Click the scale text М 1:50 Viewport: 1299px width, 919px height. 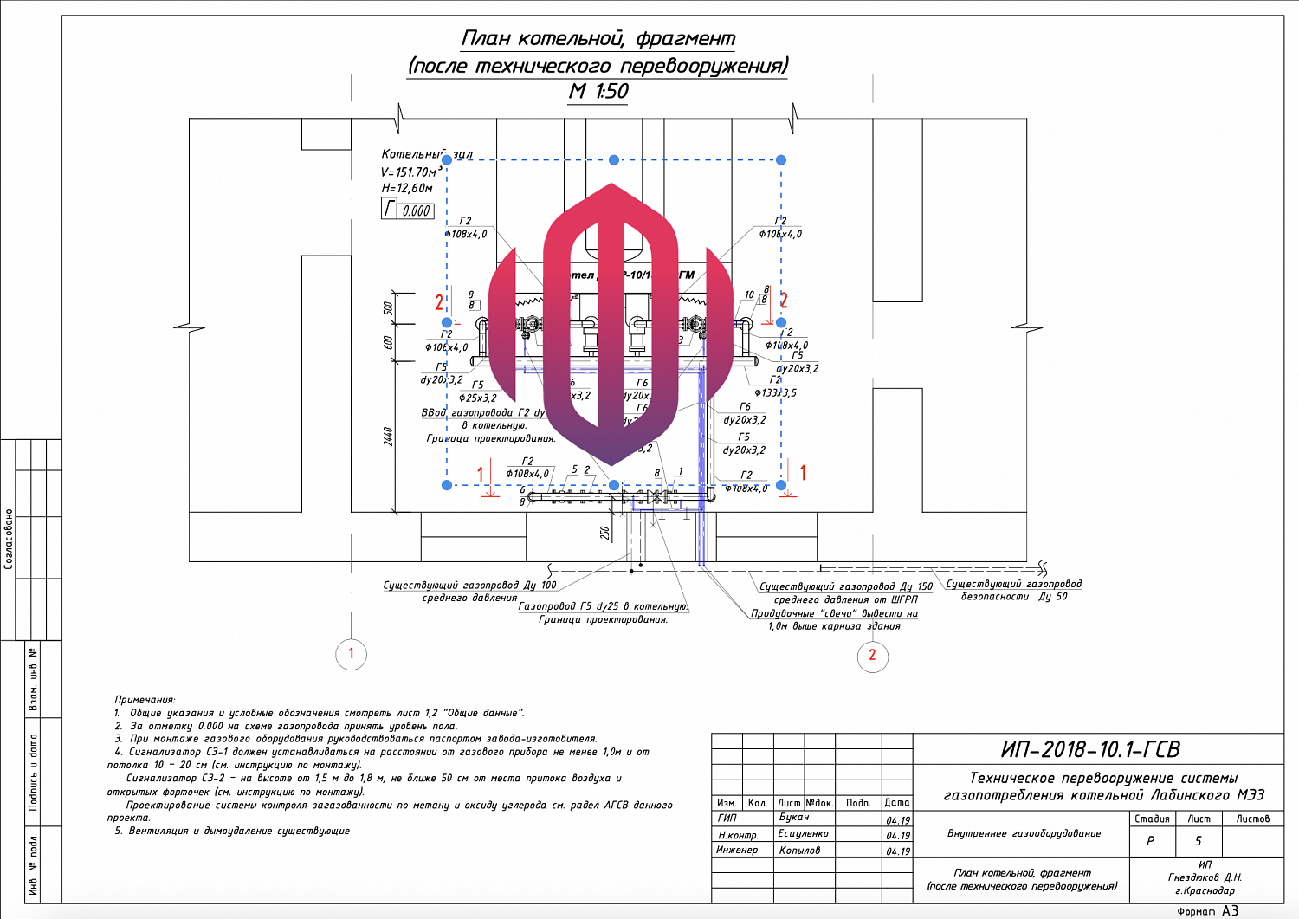(598, 91)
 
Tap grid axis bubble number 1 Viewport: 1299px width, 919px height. (351, 653)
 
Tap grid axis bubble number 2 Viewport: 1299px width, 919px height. (872, 655)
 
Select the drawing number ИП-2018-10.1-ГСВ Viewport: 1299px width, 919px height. (1090, 749)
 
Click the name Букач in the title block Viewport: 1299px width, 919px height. (794, 818)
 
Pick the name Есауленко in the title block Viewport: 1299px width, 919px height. (803, 833)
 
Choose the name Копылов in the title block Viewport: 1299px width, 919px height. (799, 850)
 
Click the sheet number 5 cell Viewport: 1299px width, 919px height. (1199, 840)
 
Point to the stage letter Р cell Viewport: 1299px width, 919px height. (1151, 840)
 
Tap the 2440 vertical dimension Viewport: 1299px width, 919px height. (389, 437)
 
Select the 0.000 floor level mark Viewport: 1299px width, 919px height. (416, 210)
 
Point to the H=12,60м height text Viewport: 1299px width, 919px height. (407, 188)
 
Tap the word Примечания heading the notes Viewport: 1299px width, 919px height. (145, 699)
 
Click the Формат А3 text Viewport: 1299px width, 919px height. (1208, 910)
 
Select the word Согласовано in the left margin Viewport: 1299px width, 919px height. (9, 539)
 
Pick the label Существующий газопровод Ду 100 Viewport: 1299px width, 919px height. (470, 586)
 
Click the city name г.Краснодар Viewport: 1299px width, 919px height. (1205, 890)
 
